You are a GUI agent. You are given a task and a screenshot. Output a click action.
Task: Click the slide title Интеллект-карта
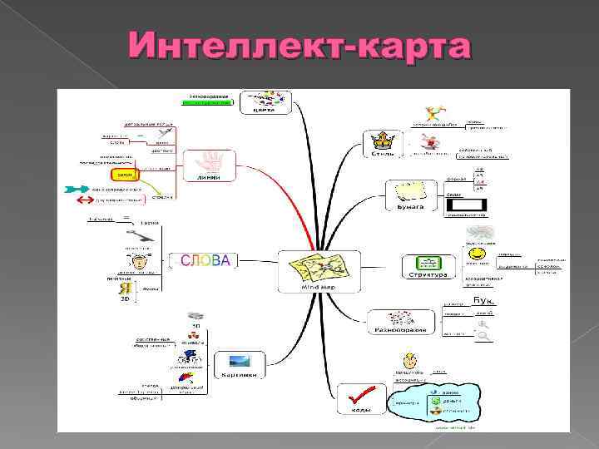pyautogui.click(x=299, y=47)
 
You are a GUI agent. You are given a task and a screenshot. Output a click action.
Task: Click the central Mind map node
pyautogui.click(x=319, y=271)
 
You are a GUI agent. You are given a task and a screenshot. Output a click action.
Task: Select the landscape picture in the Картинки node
pyautogui.click(x=238, y=362)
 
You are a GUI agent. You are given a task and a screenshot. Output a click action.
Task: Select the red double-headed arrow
pyautogui.click(x=83, y=200)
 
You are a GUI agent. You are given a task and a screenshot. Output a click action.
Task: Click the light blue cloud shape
pyautogui.click(x=443, y=402)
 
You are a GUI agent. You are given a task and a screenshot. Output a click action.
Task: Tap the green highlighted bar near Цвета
pyautogui.click(x=207, y=102)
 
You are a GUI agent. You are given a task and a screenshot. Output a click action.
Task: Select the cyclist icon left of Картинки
pyautogui.click(x=190, y=356)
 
